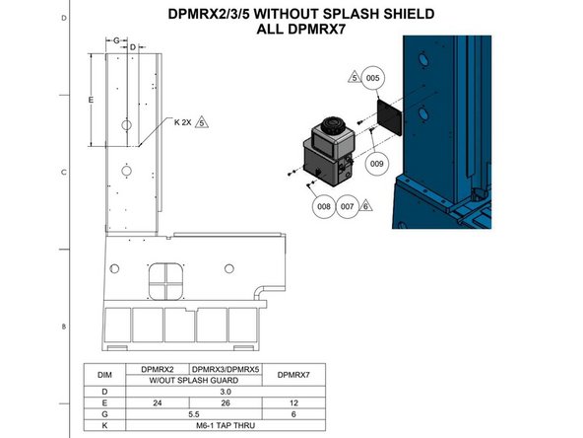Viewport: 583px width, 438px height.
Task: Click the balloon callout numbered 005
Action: tap(372, 77)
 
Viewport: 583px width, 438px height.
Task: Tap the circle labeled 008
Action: tap(323, 207)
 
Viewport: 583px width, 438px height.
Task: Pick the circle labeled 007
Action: tap(347, 207)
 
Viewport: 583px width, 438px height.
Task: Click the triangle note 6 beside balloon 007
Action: tap(365, 205)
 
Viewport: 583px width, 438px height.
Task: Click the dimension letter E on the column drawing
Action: tap(91, 101)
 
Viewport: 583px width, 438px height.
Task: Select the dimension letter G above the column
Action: tap(116, 40)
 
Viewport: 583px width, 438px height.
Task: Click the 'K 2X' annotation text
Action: tap(183, 122)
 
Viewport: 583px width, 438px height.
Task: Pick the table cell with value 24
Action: tap(156, 401)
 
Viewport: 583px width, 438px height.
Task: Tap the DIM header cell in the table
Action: tap(104, 375)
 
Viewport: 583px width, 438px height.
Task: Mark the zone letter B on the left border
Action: tap(63, 327)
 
